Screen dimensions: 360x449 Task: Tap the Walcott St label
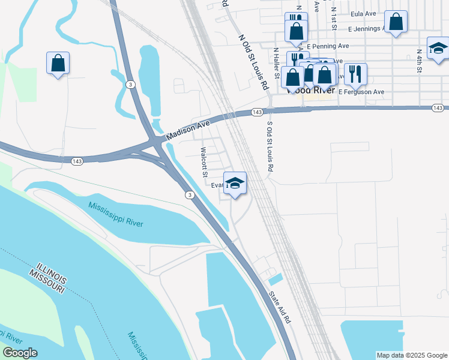pos(203,162)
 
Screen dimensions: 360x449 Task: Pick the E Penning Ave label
pos(327,46)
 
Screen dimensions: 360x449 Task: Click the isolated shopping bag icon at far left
pos(58,62)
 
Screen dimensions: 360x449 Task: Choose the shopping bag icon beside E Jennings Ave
pos(396,22)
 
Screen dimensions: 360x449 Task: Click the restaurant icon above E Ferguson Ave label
pos(355,73)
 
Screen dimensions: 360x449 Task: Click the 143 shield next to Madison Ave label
pos(257,112)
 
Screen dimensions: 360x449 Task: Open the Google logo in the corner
pos(20,353)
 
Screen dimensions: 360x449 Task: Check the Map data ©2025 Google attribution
pos(411,355)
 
